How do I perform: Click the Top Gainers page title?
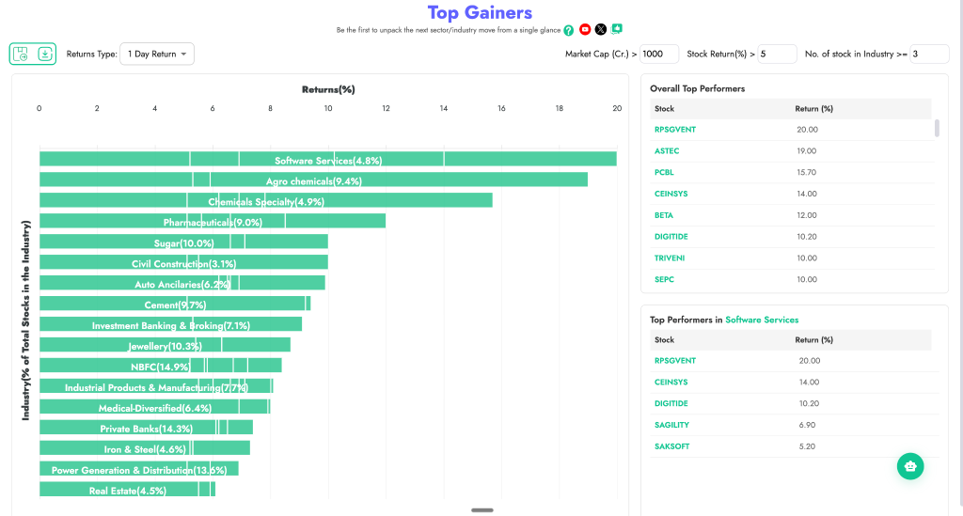pos(480,12)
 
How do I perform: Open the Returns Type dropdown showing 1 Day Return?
pos(157,55)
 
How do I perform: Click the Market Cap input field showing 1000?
pos(659,55)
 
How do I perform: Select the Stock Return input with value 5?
pos(777,55)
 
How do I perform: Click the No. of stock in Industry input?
pos(929,55)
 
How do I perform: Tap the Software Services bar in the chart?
pos(327,160)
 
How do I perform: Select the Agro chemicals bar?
pos(313,180)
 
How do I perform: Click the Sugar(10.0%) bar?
pos(183,242)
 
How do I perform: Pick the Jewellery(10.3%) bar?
pos(165,346)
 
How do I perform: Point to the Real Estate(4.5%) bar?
pos(127,490)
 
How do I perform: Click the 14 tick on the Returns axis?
pos(444,109)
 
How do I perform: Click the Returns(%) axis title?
pos(327,89)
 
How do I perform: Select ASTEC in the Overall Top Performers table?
pos(667,150)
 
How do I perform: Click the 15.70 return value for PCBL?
pos(806,172)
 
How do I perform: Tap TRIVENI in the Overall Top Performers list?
pos(671,258)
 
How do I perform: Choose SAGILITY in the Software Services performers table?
pos(671,425)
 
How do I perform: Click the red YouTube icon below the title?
pos(585,30)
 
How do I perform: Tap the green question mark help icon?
pos(568,30)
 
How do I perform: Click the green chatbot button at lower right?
pos(909,466)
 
